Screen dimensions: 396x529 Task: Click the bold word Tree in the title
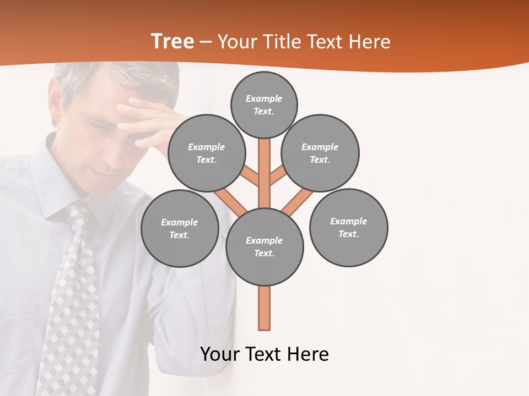point(172,42)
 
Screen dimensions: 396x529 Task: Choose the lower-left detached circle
point(180,228)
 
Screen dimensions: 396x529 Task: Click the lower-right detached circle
point(348,227)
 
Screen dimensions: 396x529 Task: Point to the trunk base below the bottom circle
point(264,311)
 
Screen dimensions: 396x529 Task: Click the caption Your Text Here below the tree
point(264,354)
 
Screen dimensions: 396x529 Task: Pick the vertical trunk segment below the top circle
point(264,170)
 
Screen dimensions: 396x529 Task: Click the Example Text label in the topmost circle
point(264,105)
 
